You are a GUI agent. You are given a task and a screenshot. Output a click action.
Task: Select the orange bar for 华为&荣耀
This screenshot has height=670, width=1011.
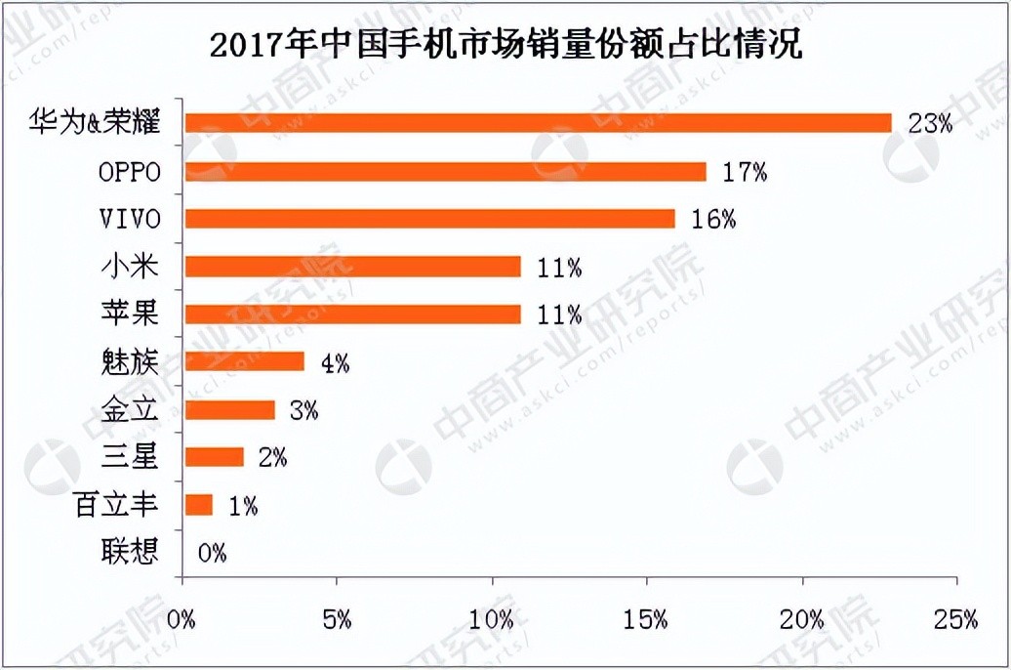[538, 123]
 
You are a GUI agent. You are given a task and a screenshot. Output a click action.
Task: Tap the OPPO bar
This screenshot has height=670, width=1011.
[445, 172]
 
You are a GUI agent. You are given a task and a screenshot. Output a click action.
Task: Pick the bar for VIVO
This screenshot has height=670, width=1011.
[429, 219]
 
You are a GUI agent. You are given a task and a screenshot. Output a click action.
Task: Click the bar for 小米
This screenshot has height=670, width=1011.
[352, 267]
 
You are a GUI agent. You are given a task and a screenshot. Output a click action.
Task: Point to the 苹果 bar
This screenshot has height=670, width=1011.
[352, 314]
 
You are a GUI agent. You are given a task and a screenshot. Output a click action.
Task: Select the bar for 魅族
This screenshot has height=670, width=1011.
[244, 362]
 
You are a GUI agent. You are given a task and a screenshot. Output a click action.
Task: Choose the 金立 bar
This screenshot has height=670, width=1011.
[229, 409]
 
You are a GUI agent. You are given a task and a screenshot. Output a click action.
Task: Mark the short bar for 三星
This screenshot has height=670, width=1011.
[214, 457]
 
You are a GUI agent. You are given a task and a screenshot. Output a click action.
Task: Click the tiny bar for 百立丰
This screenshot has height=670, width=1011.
[198, 505]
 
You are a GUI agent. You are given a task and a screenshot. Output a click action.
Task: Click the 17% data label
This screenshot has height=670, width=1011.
[745, 172]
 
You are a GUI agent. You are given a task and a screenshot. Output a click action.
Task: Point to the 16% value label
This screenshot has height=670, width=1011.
[713, 220]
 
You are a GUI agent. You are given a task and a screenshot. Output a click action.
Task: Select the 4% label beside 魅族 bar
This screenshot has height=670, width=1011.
[335, 363]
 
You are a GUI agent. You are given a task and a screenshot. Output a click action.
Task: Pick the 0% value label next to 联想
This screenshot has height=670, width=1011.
[212, 554]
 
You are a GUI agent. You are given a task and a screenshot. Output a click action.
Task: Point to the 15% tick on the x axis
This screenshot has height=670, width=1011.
[647, 619]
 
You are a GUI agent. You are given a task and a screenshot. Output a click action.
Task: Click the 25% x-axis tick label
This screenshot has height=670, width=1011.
[955, 619]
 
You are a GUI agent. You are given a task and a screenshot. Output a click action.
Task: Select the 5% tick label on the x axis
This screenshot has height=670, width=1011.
[337, 619]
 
